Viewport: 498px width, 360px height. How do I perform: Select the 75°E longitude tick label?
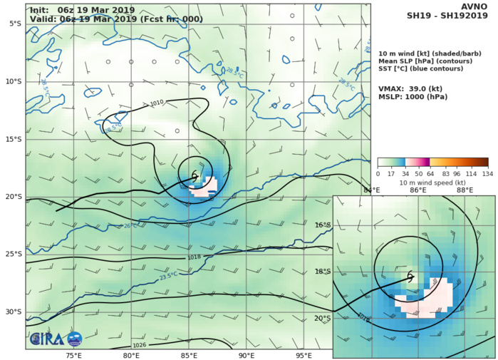click(73, 355)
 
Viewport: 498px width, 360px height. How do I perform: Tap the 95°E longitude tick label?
click(305, 355)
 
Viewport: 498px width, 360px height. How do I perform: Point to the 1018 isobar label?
click(194, 257)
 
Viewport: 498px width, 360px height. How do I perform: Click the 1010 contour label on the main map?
click(157, 103)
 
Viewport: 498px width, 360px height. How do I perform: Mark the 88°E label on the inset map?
click(465, 190)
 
